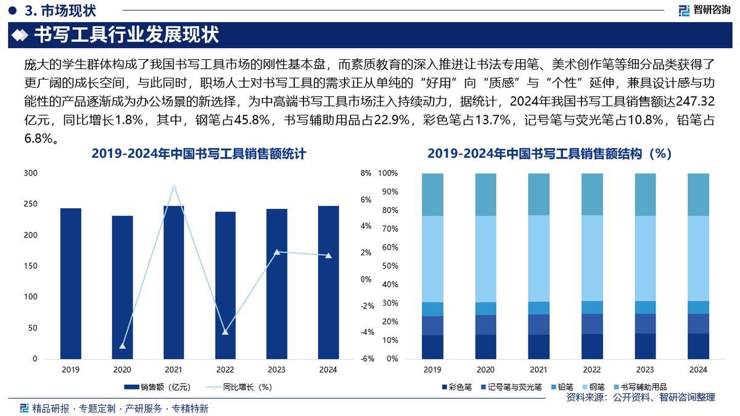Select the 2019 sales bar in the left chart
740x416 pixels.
(x=70, y=283)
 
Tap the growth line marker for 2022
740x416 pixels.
(x=225, y=332)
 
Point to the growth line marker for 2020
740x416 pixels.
(x=122, y=346)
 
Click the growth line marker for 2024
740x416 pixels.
(x=328, y=255)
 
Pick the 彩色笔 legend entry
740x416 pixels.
(x=456, y=387)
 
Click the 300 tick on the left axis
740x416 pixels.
(x=30, y=174)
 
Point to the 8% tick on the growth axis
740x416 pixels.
(x=366, y=174)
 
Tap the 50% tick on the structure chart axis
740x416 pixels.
(x=388, y=266)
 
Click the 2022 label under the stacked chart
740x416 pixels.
(x=591, y=370)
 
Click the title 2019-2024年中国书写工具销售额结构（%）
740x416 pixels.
(x=549, y=154)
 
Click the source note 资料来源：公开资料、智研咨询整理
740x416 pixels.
(x=641, y=398)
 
